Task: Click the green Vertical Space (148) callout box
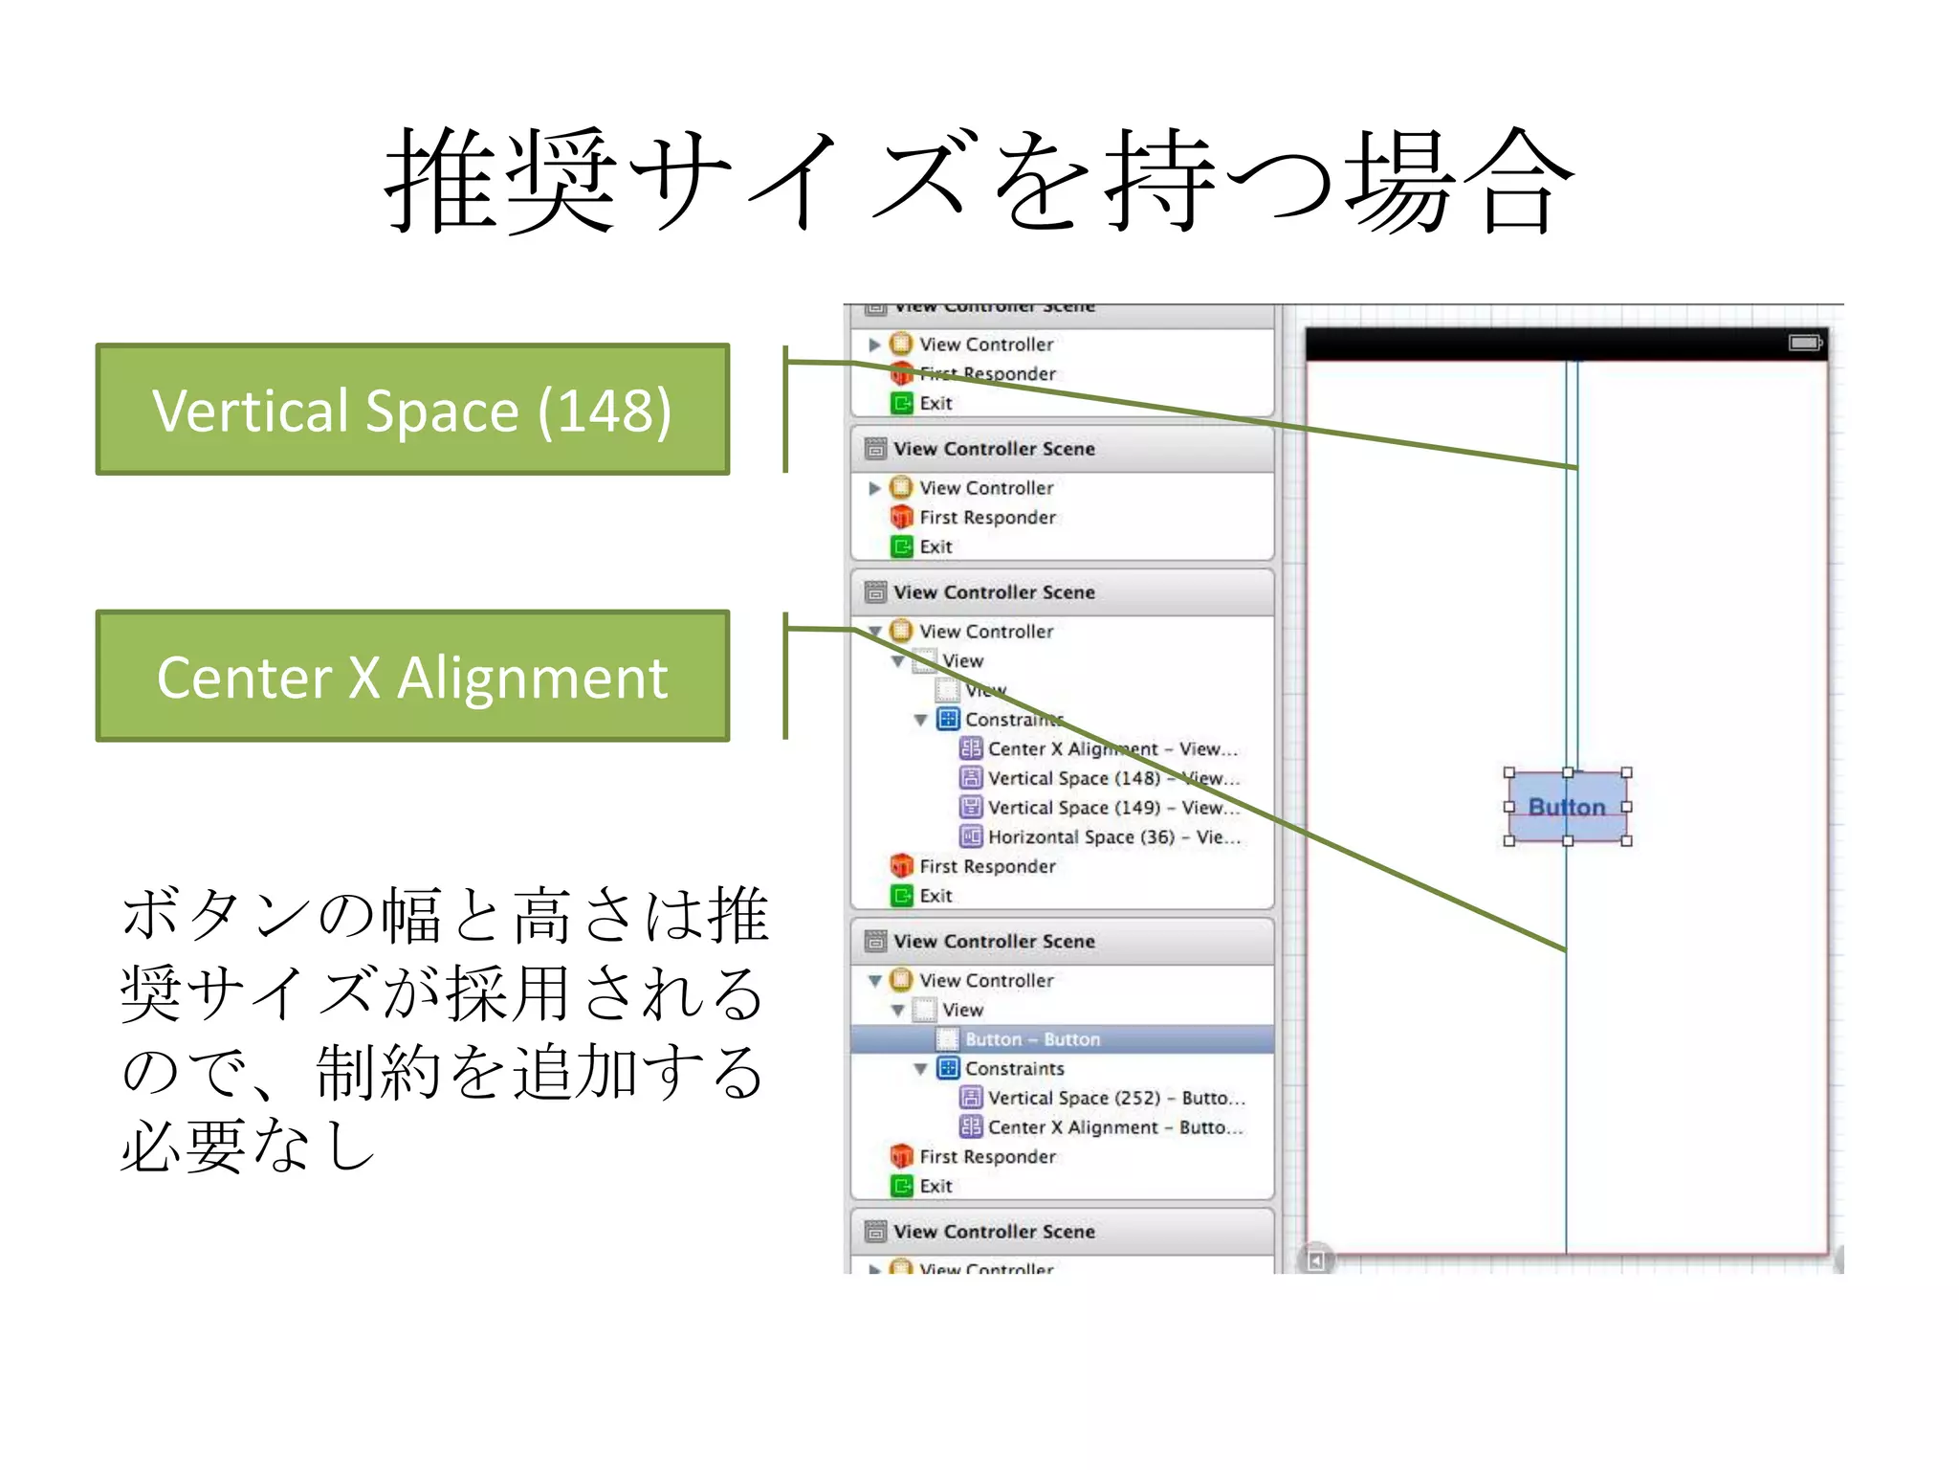[x=412, y=410]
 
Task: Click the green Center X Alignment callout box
[x=412, y=676]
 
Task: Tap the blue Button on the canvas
[x=1567, y=807]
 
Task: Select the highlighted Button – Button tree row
[x=1032, y=1039]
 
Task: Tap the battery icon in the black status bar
[x=1804, y=343]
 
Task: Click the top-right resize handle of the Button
[x=1626, y=772]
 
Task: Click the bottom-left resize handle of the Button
[x=1509, y=841]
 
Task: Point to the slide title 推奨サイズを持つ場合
[x=979, y=182]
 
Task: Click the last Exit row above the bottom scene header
[x=935, y=1186]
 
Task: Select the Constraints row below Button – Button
[x=1014, y=1069]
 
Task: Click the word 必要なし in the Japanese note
[x=249, y=1147]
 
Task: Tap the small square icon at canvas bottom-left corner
[x=1316, y=1260]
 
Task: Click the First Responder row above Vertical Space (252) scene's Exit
[x=987, y=1157]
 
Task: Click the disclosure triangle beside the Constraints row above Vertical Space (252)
[x=920, y=1069]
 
